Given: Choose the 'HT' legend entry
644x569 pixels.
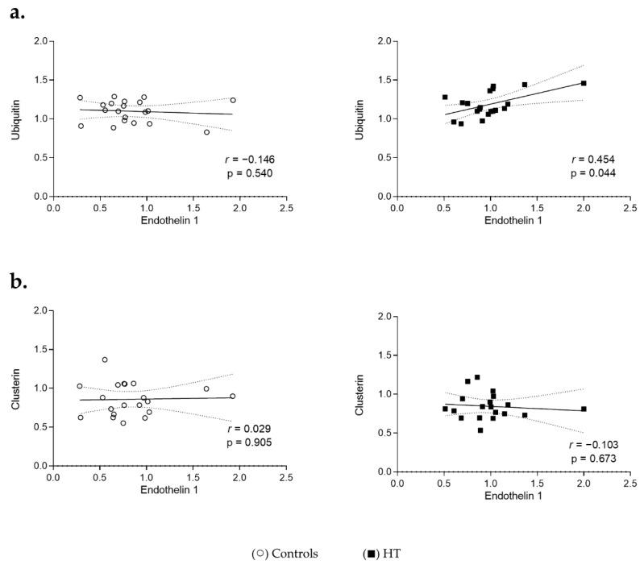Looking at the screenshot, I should [391, 554].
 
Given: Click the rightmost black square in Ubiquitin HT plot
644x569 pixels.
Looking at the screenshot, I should [584, 83].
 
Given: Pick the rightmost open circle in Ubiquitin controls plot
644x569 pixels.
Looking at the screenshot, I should [233, 100].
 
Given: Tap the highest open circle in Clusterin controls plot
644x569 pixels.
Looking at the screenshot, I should [105, 359].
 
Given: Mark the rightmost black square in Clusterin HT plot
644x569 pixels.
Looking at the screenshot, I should [584, 409].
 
